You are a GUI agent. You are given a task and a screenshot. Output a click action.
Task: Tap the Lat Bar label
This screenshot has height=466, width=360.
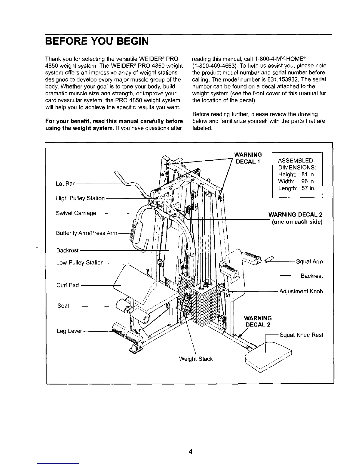[65, 184]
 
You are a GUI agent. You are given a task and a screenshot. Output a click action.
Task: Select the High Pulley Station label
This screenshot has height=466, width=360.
[80, 198]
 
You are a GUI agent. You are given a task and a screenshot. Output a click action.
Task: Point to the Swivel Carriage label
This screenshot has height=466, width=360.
[76, 213]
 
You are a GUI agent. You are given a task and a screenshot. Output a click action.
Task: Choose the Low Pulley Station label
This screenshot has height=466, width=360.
[80, 262]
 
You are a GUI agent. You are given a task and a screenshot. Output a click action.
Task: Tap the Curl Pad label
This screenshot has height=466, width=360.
[67, 285]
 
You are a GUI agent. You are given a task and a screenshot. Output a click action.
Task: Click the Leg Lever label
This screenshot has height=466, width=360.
[69, 331]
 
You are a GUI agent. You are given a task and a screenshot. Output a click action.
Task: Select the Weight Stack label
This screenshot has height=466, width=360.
[196, 359]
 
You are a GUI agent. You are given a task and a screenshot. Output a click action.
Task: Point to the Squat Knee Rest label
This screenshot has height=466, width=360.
[301, 335]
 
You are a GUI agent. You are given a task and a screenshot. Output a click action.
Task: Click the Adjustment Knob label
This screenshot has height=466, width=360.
[301, 292]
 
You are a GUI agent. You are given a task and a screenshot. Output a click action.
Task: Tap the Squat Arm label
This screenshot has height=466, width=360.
[309, 262]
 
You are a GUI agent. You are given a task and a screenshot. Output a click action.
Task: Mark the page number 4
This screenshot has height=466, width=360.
[191, 452]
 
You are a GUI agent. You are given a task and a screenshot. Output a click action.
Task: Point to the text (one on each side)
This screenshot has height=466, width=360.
[297, 222]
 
